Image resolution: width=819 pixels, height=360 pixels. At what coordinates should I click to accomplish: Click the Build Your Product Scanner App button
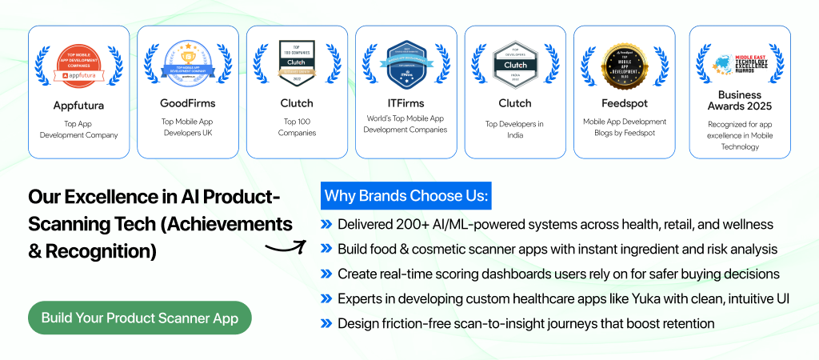pos(139,318)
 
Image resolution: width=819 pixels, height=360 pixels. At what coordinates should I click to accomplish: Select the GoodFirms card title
pos(188,103)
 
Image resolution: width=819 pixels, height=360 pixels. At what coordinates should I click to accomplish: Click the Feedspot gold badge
pos(624,65)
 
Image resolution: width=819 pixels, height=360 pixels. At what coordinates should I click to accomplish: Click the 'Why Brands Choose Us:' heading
pos(406,197)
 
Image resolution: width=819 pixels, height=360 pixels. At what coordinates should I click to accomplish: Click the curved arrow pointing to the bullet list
pos(286,247)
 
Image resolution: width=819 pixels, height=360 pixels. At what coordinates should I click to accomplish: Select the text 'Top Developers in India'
pos(514,129)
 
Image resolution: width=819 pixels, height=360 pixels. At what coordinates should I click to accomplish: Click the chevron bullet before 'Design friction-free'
pos(326,324)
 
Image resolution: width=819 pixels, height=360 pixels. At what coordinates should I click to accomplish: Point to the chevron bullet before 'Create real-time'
pos(326,274)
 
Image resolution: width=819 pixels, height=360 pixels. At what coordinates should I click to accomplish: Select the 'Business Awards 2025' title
pos(740,98)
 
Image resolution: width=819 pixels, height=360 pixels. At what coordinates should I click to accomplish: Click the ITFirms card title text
pos(406,103)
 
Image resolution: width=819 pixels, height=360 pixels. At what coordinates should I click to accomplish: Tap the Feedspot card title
pos(624,103)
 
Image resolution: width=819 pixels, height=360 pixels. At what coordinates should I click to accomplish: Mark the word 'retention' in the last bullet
pos(685,324)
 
